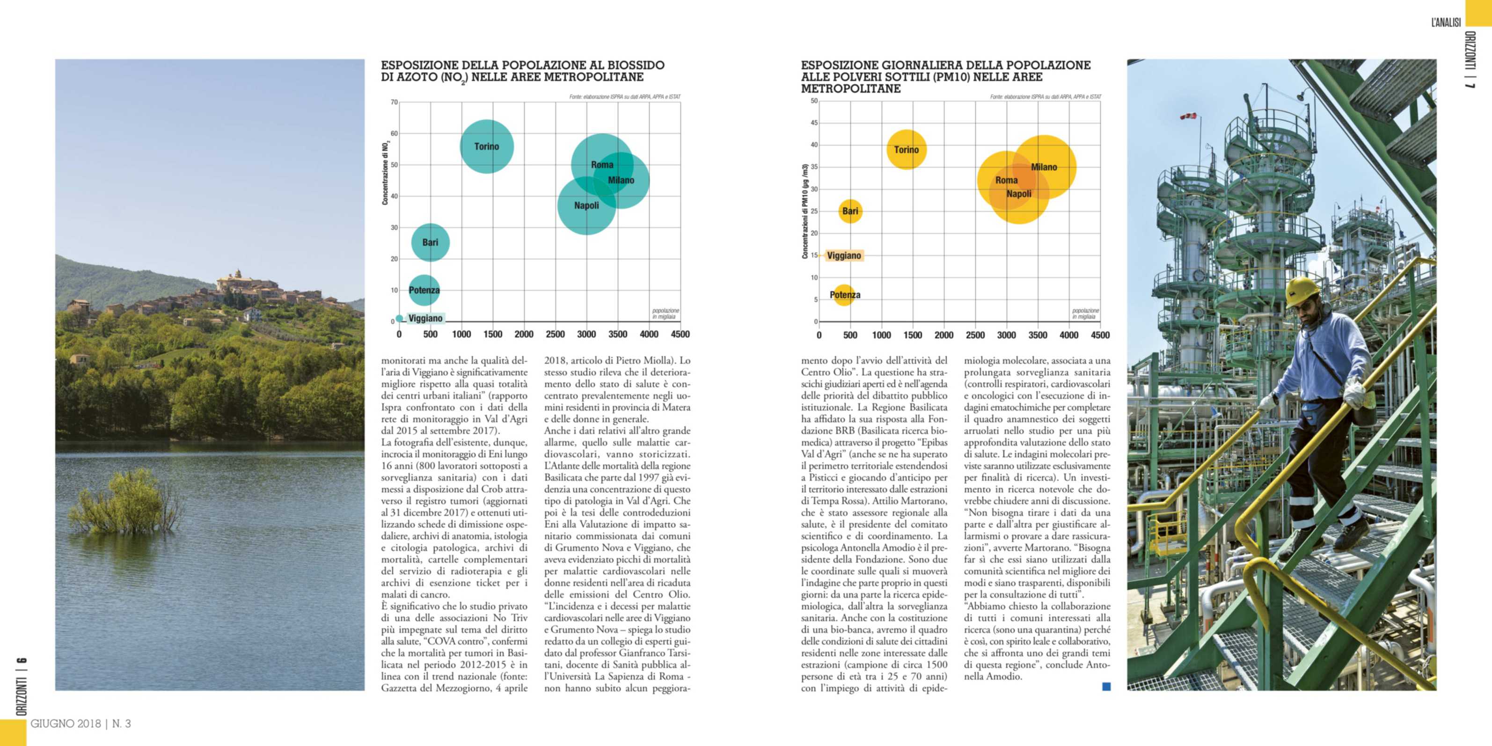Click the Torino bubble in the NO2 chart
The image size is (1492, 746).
point(487,146)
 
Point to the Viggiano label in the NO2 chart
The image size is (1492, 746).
point(425,318)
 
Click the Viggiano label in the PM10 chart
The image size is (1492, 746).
point(844,256)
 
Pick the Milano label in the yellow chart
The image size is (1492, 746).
point(1044,167)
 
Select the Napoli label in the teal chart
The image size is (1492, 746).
point(586,205)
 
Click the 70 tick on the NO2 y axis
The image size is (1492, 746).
point(394,102)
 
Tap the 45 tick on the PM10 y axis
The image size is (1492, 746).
point(814,123)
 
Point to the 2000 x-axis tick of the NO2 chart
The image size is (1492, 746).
point(524,334)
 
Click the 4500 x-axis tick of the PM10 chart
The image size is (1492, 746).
point(1100,335)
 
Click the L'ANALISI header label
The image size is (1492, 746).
point(1446,22)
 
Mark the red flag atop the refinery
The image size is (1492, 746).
point(1188,117)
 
